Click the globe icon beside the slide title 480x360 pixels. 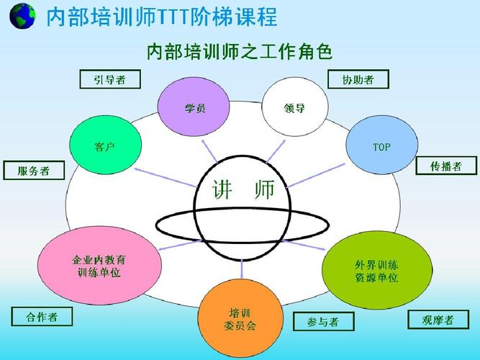click(23, 16)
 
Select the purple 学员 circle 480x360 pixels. click(194, 109)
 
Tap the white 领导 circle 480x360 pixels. click(294, 109)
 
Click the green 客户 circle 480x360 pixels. click(105, 147)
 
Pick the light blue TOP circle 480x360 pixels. click(381, 147)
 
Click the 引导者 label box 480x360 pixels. click(109, 79)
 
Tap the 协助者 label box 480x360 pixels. click(358, 79)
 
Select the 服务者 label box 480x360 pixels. click(33, 171)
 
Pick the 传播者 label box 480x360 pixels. click(446, 166)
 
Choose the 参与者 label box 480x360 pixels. click(324, 321)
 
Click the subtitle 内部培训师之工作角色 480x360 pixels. click(239, 52)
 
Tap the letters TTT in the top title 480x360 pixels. click(181, 16)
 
